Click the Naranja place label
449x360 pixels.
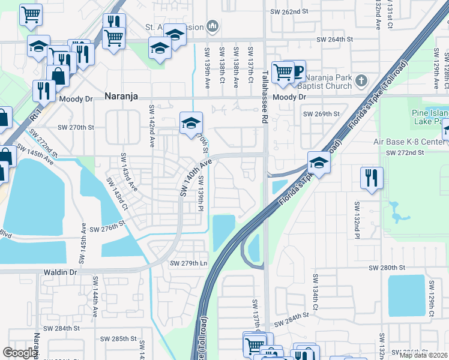tap(125, 96)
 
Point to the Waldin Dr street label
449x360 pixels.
tap(61, 272)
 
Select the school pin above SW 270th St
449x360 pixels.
tap(191, 123)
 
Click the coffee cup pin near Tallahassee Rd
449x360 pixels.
tap(295, 71)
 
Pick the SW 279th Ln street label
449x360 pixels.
tap(188, 263)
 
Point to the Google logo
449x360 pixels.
tap(20, 353)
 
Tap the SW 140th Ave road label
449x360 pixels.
tap(196, 176)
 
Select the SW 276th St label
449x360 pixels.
tap(106, 229)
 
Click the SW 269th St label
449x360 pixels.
tap(321, 113)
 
